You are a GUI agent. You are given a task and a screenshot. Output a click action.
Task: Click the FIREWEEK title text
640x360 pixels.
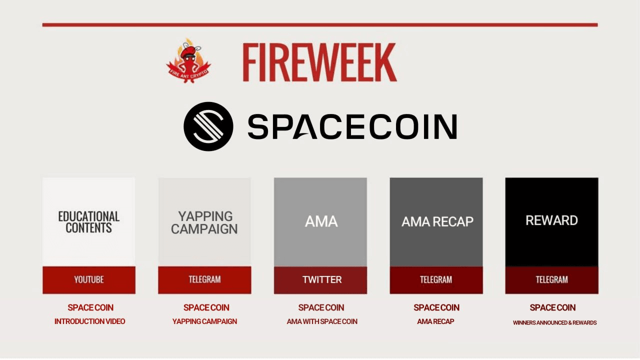coord(319,62)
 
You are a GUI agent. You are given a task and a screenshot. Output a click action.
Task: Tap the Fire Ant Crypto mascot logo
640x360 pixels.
coord(188,61)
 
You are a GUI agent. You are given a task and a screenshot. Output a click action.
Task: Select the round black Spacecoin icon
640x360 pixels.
coord(208,126)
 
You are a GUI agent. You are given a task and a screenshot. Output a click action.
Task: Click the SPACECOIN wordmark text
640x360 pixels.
coord(352,126)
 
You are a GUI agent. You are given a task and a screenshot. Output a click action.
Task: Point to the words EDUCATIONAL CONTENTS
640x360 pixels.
coord(88,222)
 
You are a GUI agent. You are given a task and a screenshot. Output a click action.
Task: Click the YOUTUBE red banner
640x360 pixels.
coord(88,279)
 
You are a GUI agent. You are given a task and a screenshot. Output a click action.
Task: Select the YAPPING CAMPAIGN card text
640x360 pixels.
coord(204,222)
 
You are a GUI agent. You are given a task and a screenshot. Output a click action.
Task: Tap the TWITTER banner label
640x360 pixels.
coord(321,279)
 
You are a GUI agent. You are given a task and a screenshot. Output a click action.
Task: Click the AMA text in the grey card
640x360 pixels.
coord(321,221)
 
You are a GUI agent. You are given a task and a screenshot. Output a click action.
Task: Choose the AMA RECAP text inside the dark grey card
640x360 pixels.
coord(437,221)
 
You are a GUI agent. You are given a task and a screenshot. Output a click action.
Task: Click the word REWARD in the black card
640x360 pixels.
coord(551,220)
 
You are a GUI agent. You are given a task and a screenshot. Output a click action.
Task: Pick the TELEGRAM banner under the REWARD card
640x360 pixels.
coord(551,279)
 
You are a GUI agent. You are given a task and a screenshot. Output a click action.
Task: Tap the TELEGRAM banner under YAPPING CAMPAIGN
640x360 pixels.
coord(204,279)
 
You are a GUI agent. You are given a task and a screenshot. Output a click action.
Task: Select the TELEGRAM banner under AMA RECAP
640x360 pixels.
coord(436,279)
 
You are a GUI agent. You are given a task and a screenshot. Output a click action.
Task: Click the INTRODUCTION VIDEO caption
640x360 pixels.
coord(90,321)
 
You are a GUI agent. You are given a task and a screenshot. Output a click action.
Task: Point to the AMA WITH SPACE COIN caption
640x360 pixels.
coord(321,321)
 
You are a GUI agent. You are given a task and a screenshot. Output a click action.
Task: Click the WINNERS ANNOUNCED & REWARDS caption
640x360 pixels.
coord(554,322)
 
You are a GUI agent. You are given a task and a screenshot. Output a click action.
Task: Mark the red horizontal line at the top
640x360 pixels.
coord(319,24)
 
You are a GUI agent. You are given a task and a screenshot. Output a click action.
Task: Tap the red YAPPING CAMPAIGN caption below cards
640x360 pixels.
coord(204,321)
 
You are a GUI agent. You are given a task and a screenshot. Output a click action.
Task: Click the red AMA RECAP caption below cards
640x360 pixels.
coord(435,321)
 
